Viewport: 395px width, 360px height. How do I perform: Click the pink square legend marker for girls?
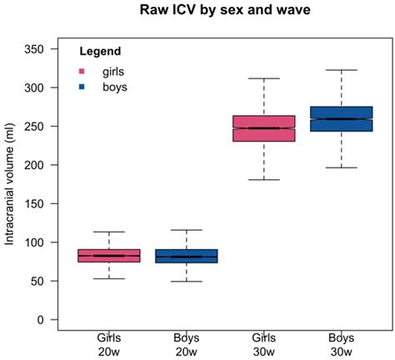(82, 71)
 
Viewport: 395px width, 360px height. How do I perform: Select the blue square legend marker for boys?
(82, 86)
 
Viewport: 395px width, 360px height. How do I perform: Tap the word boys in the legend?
(115, 86)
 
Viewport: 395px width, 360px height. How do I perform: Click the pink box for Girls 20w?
(109, 255)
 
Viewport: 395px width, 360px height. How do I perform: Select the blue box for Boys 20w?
(187, 256)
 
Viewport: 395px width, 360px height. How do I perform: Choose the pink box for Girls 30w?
(264, 128)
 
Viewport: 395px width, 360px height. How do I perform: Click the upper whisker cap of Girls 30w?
(264, 78)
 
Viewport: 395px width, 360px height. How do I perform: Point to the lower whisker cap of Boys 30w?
(341, 167)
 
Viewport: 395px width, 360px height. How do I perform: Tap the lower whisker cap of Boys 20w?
(187, 282)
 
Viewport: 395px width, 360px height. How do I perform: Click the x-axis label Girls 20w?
(109, 344)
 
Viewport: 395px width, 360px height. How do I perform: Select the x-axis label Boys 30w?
(341, 344)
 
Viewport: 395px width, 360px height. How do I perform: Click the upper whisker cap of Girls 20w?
(109, 232)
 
